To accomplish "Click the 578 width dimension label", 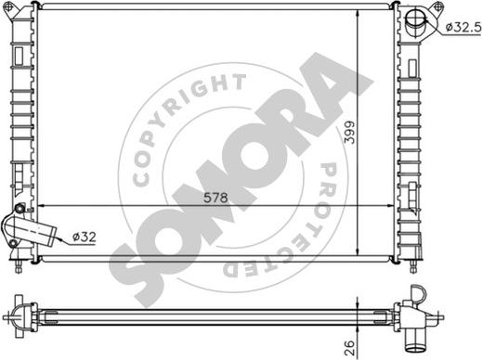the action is (x=215, y=198).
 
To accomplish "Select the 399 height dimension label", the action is (x=349, y=132).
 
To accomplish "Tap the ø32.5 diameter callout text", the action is (x=463, y=28).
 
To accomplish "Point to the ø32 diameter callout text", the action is (x=85, y=238).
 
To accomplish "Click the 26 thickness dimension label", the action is (x=349, y=348).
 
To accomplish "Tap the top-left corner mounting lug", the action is (x=8, y=7).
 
